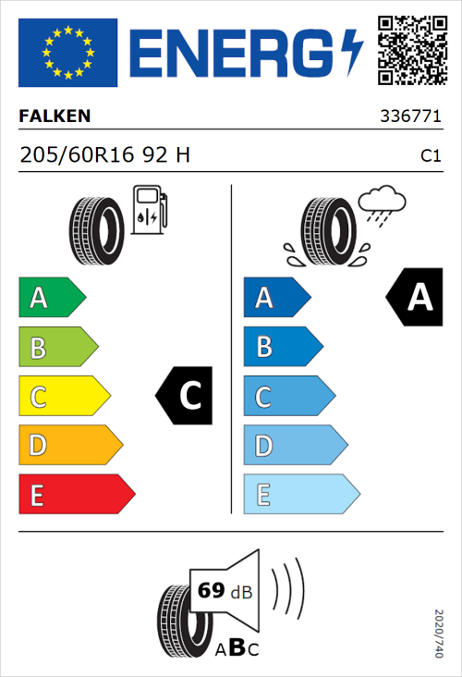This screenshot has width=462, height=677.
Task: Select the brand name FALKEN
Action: (x=55, y=117)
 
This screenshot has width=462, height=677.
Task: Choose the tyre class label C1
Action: (x=431, y=156)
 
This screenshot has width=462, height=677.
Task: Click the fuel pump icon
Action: (x=149, y=210)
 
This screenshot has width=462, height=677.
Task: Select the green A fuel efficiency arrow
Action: (x=51, y=298)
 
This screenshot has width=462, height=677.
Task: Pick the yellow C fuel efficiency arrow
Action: (x=63, y=397)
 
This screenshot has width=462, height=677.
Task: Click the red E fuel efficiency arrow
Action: (x=76, y=495)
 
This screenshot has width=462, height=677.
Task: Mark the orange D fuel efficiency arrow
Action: (x=69, y=446)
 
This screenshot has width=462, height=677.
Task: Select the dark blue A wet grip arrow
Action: (x=276, y=298)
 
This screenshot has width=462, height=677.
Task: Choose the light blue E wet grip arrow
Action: (x=300, y=495)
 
